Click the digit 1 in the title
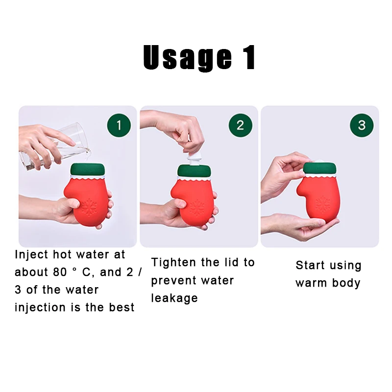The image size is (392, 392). coord(248,57)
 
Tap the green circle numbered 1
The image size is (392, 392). coord(119,125)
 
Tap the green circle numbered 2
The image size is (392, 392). coord(240,125)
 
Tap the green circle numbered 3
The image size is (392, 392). coord(362,125)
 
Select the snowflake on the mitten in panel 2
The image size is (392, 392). coord(198,208)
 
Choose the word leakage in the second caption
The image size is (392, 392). coord(174,298)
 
